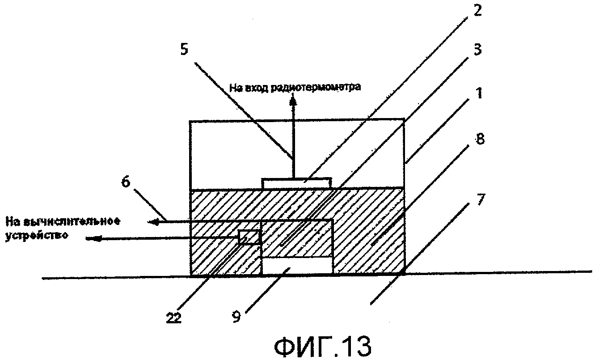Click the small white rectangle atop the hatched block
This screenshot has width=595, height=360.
[296, 183]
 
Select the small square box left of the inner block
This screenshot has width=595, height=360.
[249, 237]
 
